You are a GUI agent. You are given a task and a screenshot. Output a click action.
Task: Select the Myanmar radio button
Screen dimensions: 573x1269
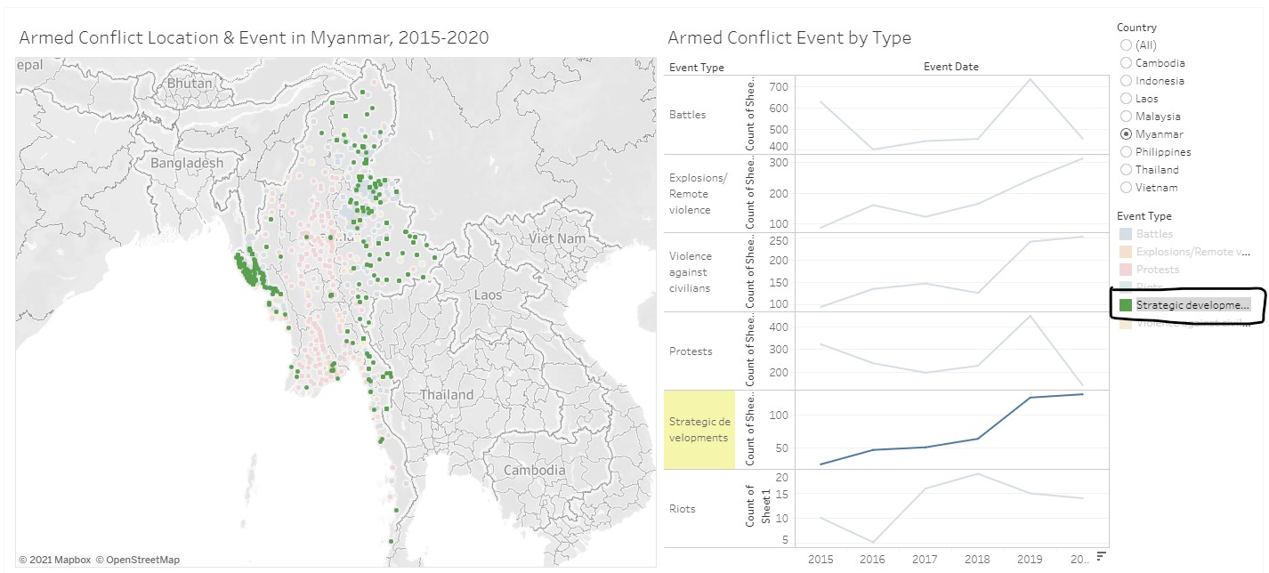(1127, 134)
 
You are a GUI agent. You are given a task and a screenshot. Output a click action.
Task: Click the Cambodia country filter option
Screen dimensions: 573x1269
(1127, 63)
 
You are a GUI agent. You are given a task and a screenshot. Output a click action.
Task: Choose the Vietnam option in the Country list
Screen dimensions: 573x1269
(1127, 188)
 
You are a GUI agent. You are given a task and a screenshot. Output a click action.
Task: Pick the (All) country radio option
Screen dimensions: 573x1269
(1127, 45)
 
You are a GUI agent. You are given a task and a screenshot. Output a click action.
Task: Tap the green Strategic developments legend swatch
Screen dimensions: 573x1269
(1126, 305)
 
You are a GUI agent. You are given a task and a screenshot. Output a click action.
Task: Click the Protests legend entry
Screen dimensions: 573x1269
(1158, 270)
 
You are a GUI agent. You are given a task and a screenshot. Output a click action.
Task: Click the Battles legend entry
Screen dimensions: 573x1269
(1154, 234)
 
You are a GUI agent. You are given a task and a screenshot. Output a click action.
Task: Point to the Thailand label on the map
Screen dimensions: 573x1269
(447, 394)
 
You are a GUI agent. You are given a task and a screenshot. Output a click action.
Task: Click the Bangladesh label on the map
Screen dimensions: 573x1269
(187, 164)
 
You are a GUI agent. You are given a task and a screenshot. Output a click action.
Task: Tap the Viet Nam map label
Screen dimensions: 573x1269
(557, 238)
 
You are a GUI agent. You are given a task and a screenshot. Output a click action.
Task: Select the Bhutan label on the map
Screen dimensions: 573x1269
(189, 84)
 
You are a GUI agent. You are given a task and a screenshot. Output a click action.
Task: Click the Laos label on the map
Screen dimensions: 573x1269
(489, 295)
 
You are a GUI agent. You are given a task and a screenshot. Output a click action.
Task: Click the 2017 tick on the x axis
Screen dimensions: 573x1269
(925, 559)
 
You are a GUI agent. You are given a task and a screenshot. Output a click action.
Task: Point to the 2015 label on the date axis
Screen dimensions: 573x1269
(820, 559)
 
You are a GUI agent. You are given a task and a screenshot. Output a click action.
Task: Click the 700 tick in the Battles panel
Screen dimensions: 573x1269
(780, 87)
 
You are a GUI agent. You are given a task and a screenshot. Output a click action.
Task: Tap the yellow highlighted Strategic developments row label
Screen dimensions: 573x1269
(699, 430)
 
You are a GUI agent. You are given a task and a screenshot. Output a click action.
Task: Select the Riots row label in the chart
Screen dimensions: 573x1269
(683, 509)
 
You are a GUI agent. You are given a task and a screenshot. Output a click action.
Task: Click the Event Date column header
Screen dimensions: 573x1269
(950, 67)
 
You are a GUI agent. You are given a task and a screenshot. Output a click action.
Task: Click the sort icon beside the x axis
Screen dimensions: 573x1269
(1101, 556)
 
